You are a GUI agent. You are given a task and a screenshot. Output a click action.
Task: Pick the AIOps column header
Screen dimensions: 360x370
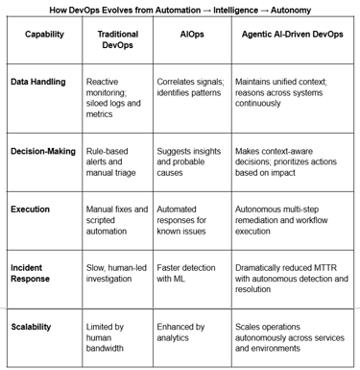click(x=192, y=34)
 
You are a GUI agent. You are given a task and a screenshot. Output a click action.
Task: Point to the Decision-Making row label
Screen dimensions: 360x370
click(x=43, y=153)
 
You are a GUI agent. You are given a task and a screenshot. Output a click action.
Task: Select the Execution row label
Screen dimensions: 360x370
click(x=31, y=210)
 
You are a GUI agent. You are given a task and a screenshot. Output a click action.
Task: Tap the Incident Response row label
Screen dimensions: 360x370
click(x=34, y=272)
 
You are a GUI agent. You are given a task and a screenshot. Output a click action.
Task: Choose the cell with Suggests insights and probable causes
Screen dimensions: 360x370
click(x=188, y=164)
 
